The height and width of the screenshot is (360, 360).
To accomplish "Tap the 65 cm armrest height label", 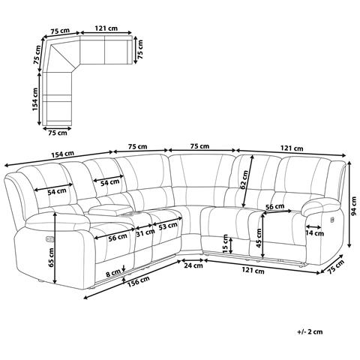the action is click(x=51, y=257).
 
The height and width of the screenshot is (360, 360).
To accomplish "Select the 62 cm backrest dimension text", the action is click(x=244, y=179).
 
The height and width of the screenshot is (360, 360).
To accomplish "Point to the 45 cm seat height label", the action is click(x=259, y=238).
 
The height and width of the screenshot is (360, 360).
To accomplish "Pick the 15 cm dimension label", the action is click(x=225, y=244).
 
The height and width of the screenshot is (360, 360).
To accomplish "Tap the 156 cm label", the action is click(x=138, y=282).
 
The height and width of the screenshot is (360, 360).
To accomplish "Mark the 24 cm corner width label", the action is click(x=193, y=265).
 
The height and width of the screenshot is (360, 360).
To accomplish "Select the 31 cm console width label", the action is click(x=145, y=233).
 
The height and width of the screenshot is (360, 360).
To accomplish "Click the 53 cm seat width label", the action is click(x=168, y=226).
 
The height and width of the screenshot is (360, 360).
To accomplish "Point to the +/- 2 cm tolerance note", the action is click(x=310, y=332).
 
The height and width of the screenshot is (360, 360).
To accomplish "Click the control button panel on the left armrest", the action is click(x=49, y=239).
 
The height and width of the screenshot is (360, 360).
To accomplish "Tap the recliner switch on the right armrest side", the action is click(x=332, y=220).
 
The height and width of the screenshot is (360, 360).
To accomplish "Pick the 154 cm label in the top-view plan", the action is click(x=35, y=99).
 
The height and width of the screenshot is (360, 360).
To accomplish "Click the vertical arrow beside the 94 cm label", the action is click(x=349, y=204).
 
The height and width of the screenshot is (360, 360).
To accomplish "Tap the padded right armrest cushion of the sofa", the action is click(x=320, y=205).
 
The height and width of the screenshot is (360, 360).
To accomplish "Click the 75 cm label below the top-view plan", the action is click(x=58, y=133).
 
